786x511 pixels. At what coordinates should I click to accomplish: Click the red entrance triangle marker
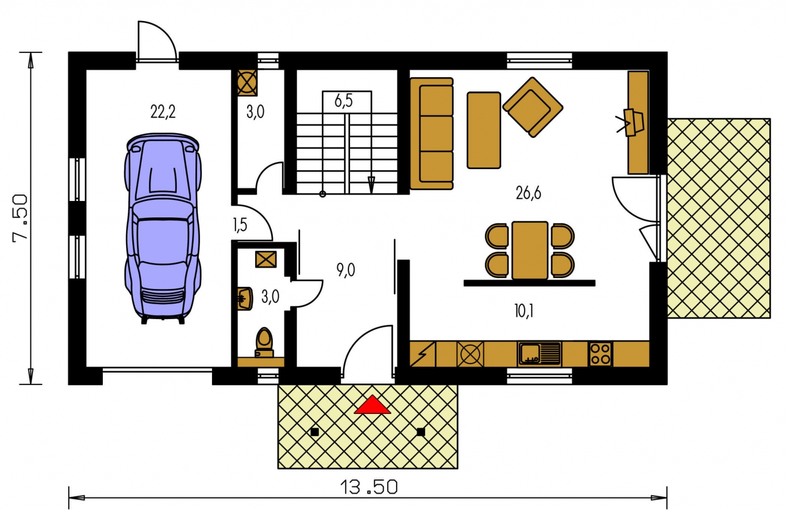[372, 405]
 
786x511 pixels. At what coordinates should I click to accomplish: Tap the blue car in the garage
[163, 228]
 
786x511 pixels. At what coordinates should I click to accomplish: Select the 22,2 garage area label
[163, 112]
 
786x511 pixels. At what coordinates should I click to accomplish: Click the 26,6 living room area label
[528, 193]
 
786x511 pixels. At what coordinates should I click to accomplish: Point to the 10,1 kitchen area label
[524, 311]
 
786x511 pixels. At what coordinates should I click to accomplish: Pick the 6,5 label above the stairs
[343, 100]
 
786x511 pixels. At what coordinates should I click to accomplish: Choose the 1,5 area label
[240, 225]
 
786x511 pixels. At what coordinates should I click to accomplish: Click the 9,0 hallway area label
[346, 270]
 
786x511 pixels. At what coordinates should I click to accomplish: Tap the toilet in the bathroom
[264, 342]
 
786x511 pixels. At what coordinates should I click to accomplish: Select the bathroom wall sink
[244, 299]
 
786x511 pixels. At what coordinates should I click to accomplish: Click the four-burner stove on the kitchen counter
[600, 354]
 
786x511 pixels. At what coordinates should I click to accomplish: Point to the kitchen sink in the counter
[539, 354]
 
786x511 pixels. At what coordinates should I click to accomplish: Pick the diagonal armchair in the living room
[533, 107]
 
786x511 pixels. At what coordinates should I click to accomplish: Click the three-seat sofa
[431, 133]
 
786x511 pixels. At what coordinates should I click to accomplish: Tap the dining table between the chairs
[530, 250]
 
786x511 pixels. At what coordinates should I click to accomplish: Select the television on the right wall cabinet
[631, 123]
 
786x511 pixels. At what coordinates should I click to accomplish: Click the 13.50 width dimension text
[369, 487]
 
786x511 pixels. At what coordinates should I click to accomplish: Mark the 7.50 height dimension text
[20, 219]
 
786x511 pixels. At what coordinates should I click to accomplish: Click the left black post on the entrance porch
[315, 432]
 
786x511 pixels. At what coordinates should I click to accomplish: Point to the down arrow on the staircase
[371, 184]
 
